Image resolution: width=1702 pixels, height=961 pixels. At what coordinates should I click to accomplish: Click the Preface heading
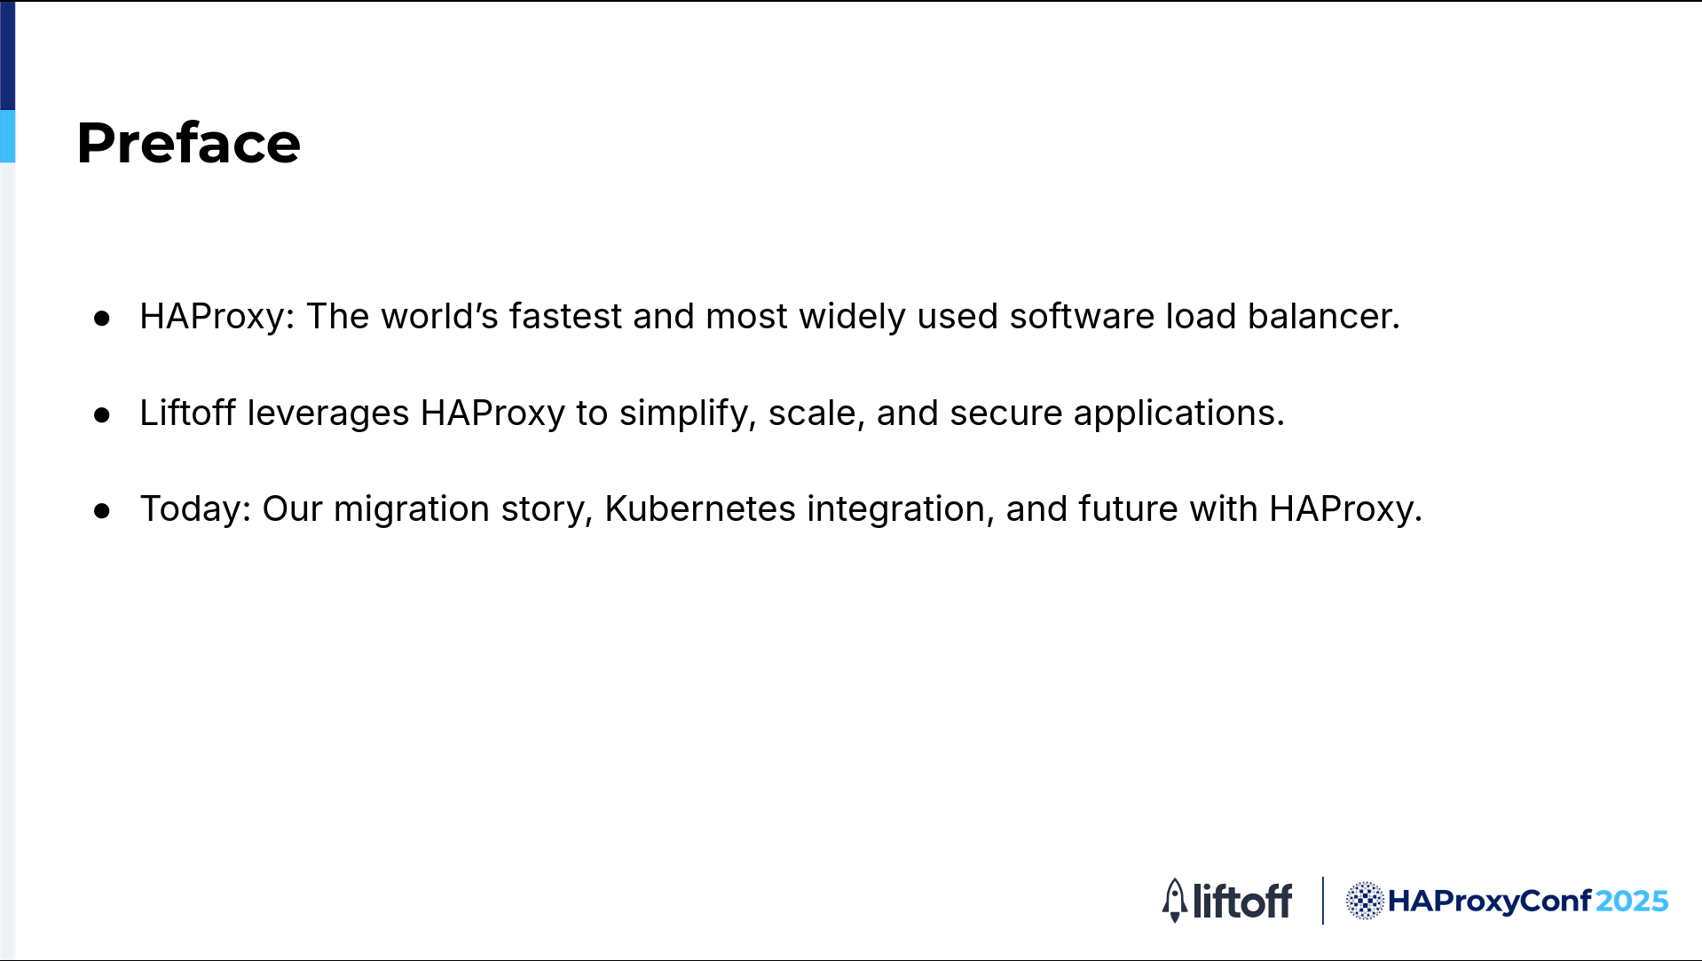[x=189, y=143]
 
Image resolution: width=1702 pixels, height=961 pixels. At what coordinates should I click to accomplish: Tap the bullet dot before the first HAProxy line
[x=102, y=318]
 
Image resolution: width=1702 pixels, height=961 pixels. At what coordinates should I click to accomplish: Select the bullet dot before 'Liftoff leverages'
[x=102, y=414]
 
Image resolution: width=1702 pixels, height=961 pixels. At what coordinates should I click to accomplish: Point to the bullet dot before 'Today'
[x=102, y=510]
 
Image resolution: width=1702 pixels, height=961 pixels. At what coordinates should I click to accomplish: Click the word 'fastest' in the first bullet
[x=565, y=316]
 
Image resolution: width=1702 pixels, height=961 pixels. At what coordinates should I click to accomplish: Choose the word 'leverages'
[x=327, y=414]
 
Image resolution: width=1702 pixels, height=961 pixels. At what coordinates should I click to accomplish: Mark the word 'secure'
[x=1006, y=414]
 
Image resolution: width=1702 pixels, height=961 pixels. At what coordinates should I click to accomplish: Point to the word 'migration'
[x=412, y=509]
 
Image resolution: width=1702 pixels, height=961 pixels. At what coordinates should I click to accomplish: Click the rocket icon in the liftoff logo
[x=1175, y=901]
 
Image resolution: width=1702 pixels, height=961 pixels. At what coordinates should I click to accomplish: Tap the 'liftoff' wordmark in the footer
[x=1242, y=901]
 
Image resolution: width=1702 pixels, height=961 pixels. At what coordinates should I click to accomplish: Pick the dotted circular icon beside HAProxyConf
[x=1365, y=901]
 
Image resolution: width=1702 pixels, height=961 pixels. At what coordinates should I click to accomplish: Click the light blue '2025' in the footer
[x=1632, y=901]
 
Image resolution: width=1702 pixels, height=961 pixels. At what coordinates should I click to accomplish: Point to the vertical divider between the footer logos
[x=1322, y=901]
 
